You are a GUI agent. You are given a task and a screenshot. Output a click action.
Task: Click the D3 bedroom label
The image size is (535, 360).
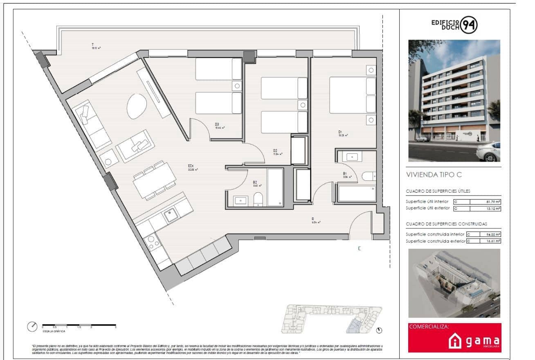[x=217, y=124]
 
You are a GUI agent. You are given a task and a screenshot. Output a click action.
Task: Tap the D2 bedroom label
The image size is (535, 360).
[x=275, y=151]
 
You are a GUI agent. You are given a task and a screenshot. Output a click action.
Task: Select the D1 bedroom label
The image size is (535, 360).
[x=340, y=132]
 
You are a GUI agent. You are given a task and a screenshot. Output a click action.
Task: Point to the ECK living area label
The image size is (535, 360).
[x=191, y=166]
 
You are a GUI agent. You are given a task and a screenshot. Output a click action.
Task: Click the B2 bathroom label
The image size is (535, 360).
[x=255, y=182]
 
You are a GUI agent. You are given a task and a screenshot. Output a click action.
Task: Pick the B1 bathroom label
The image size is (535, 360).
[x=345, y=174]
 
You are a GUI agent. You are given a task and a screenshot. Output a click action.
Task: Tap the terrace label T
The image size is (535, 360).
[x=93, y=45]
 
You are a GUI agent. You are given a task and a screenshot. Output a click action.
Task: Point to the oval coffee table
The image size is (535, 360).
[x=136, y=106]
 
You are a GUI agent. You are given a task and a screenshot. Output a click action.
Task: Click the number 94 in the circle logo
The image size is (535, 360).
[x=469, y=25]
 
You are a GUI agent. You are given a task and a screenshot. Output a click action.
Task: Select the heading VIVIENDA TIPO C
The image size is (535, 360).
[x=434, y=175]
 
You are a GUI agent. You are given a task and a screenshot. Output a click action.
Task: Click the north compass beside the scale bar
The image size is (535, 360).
[x=32, y=327]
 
